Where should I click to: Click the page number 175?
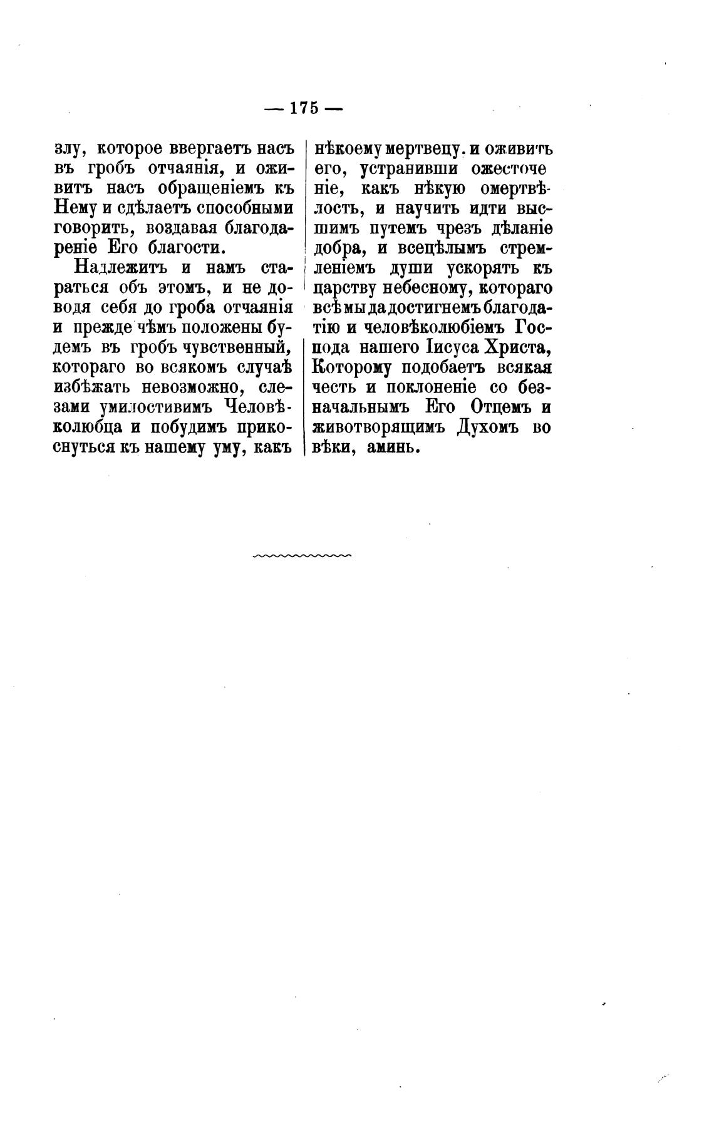point(304,108)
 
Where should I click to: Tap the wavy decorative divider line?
point(303,555)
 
